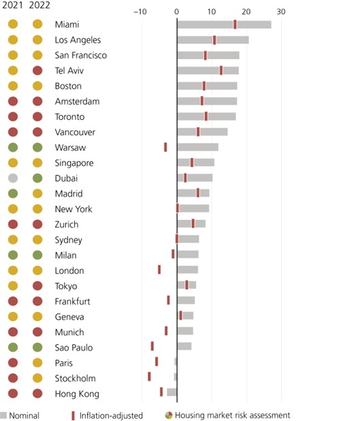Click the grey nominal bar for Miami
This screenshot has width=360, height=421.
225,25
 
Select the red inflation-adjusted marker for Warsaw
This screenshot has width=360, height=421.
165,147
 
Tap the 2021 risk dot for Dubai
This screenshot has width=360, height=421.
13,178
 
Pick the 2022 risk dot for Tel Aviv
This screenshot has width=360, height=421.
37,71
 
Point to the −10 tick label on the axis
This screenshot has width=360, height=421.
140,12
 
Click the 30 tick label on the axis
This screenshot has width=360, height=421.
281,12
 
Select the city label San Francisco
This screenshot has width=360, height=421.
81,55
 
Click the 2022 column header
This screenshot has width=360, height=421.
39,5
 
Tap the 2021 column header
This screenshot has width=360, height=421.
12,5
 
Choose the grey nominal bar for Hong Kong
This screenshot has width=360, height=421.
171,392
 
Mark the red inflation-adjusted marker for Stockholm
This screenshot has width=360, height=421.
149,377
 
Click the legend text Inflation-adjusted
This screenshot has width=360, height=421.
111,416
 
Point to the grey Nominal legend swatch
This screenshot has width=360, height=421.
3,415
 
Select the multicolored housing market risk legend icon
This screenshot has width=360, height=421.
169,415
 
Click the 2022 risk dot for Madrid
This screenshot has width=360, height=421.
37,193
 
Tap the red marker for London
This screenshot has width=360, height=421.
159,270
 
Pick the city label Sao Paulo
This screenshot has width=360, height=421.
73,347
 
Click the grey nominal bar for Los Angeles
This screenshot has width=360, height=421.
213,40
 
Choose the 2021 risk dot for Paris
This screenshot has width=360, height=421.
13,362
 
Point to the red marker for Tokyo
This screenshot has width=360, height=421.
186,285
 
